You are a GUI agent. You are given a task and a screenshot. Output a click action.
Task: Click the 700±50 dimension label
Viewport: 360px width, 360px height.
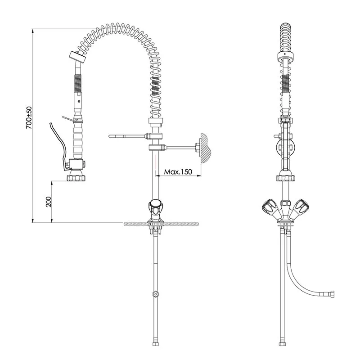tap(29, 117)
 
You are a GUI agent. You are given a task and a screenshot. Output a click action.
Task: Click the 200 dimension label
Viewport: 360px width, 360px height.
tap(49, 202)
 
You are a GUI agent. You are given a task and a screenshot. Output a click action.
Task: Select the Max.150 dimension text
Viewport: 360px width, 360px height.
tap(178, 172)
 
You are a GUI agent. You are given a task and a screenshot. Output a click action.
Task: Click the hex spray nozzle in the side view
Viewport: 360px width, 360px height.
tap(76, 178)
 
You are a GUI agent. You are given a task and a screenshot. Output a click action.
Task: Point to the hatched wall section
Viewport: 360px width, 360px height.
tap(206, 148)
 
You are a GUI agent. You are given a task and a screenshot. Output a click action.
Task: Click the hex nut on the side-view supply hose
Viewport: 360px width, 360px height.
tap(156, 294)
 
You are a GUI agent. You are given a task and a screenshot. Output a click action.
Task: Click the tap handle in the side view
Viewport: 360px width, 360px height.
tap(155, 204)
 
